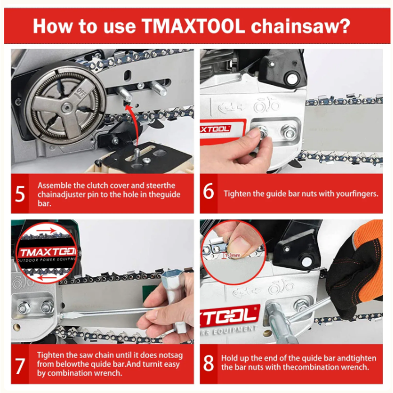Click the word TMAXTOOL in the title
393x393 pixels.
193,26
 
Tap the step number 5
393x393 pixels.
20,194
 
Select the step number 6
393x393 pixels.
208,191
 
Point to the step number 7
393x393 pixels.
20,366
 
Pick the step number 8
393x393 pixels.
208,363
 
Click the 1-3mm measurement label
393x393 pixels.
232,255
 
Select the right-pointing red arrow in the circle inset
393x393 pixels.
46,230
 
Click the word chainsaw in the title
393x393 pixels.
300,26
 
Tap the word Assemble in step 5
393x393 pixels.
55,186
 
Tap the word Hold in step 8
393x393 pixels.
228,358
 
